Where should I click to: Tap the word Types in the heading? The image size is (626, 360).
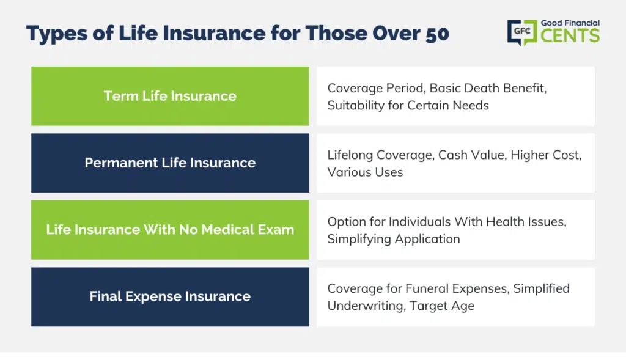click(57, 34)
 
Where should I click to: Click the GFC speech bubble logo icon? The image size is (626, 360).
click(522, 32)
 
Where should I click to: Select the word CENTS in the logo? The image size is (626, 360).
click(570, 35)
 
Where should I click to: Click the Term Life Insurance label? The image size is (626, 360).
click(170, 96)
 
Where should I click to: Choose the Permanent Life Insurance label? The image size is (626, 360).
click(170, 163)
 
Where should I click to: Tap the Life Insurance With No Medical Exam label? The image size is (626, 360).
click(170, 229)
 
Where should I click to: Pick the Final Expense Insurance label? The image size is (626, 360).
click(170, 296)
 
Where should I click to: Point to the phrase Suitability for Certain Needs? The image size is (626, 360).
click(408, 106)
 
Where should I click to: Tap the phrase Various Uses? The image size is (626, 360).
click(366, 172)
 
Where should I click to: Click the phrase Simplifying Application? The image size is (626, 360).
click(394, 239)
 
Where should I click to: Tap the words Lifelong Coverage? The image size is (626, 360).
click(381, 155)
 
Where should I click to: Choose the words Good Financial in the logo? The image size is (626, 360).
click(570, 23)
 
